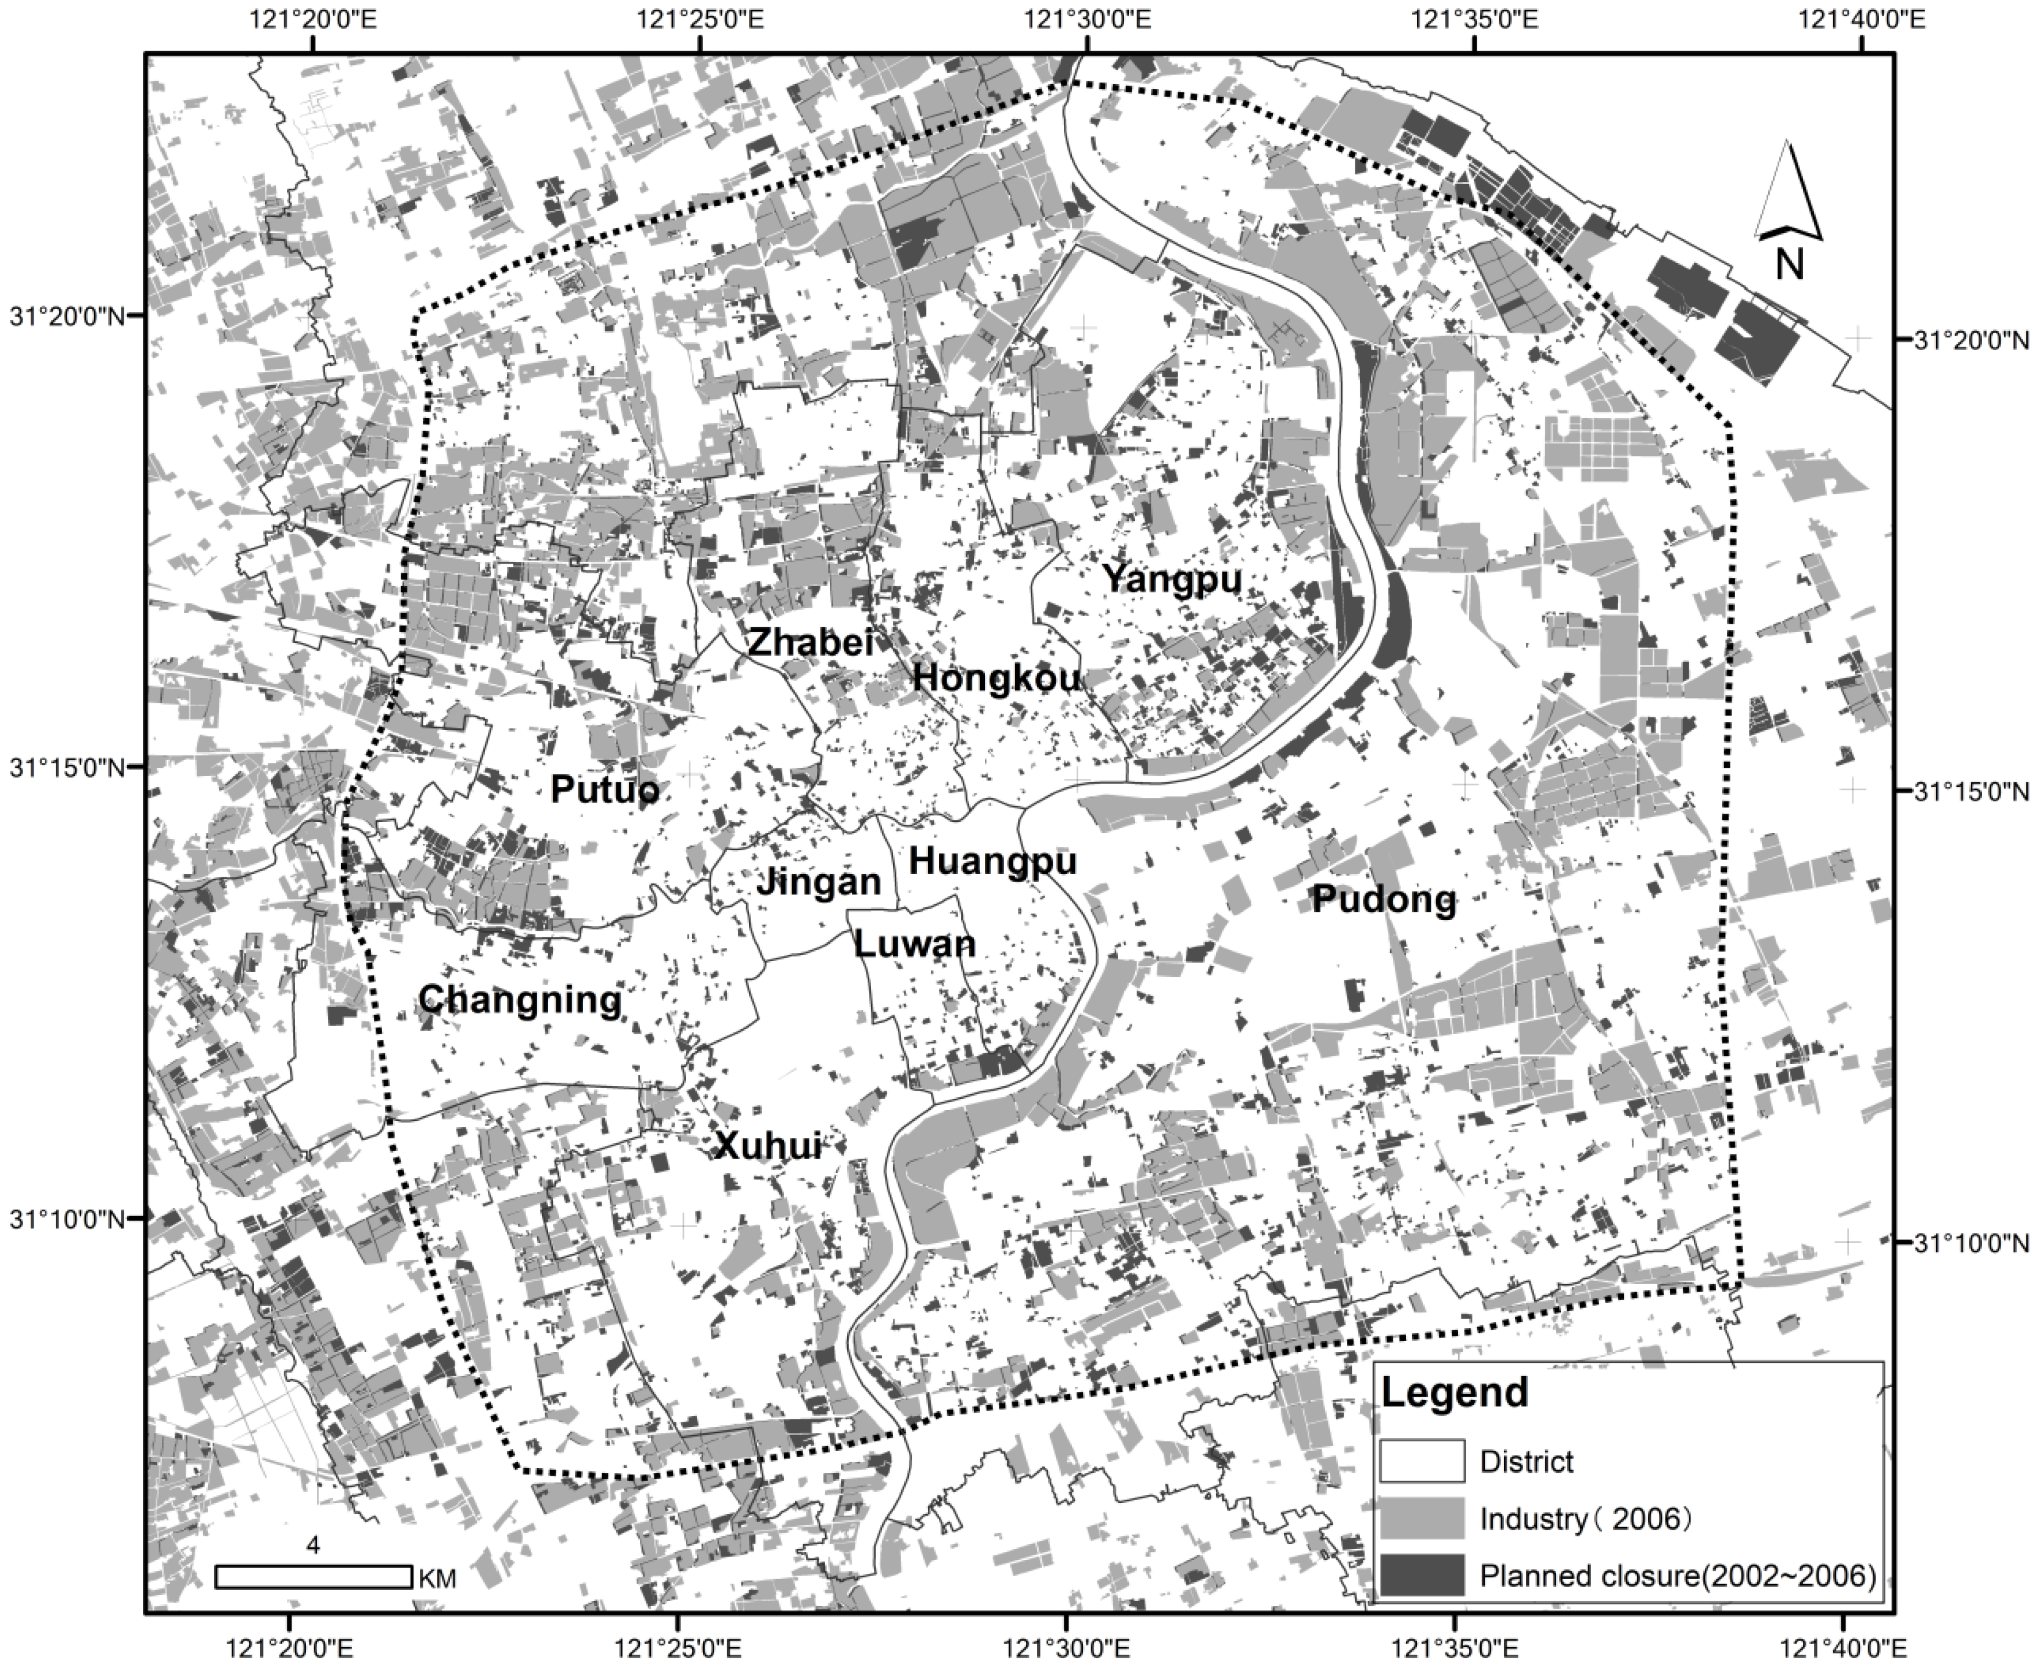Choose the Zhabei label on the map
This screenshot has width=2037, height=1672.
[x=811, y=642]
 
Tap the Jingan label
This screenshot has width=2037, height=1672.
[x=819, y=881]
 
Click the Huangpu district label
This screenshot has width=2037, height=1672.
[x=992, y=860]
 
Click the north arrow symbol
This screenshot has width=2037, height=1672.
[x=1788, y=207]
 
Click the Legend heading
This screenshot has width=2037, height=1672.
[x=1455, y=1391]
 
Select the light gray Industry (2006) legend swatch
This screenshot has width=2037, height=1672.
[x=1421, y=1519]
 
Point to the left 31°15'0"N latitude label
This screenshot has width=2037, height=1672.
[x=67, y=768]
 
